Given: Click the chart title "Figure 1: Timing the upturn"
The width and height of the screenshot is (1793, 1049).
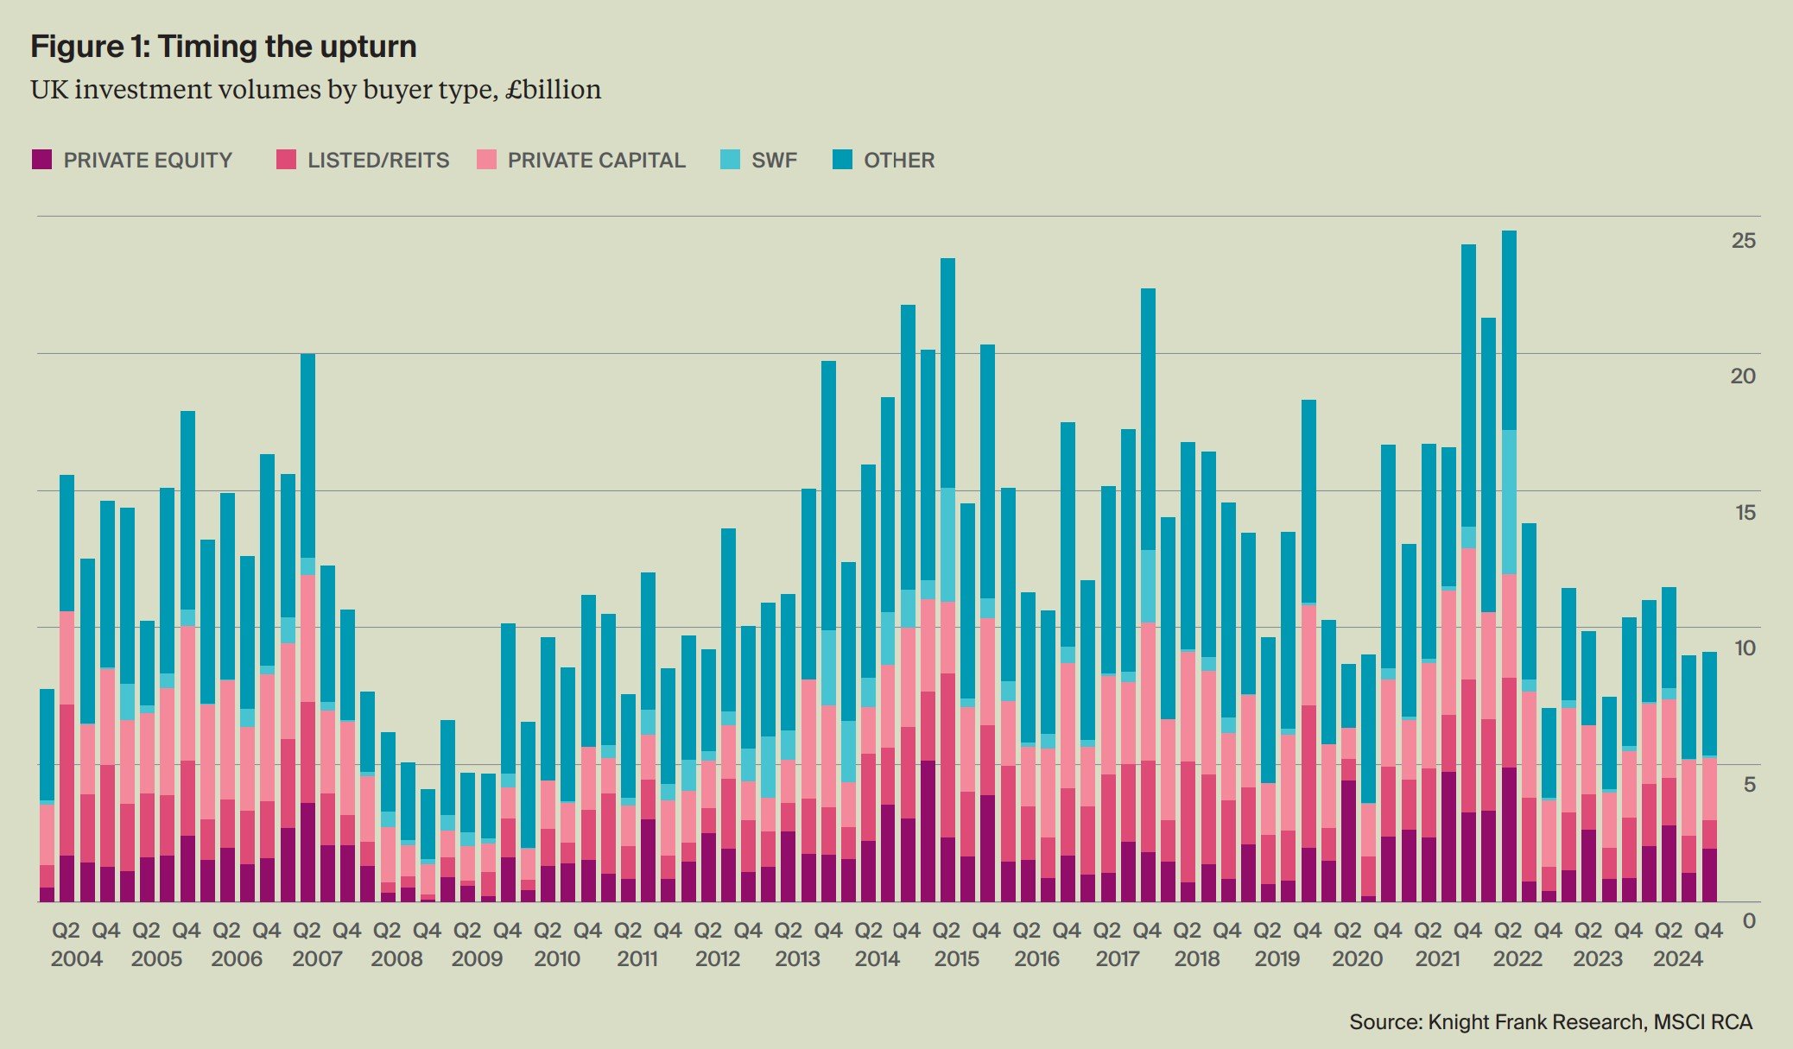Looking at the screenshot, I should [223, 46].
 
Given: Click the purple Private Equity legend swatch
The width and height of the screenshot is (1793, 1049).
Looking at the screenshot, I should [41, 160].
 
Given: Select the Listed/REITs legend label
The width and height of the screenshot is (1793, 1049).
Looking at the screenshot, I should [378, 161].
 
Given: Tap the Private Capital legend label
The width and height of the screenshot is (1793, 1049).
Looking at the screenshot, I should [596, 161].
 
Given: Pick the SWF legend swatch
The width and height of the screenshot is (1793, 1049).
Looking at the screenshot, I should [730, 160].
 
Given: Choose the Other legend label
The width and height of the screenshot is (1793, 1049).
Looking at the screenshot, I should [899, 161].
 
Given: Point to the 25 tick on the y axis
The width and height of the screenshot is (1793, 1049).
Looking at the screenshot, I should [1743, 241].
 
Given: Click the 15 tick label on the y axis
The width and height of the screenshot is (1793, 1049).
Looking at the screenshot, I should [1745, 512].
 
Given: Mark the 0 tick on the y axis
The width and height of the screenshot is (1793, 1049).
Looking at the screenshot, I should [1748, 921].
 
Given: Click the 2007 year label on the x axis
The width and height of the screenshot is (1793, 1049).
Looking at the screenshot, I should [317, 959].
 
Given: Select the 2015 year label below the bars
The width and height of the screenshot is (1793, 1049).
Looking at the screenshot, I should [957, 959].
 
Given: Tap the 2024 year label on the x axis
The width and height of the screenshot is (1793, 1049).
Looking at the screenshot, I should [1677, 959].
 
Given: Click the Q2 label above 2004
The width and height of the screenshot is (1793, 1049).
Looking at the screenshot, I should [66, 931].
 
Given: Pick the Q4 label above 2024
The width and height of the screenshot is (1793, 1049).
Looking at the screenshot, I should [1708, 931].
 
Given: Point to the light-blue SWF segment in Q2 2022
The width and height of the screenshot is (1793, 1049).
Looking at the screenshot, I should [1509, 501].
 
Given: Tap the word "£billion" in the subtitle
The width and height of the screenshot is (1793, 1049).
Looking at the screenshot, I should [554, 90].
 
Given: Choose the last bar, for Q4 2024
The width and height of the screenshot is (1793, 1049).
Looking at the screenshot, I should [1709, 777].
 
